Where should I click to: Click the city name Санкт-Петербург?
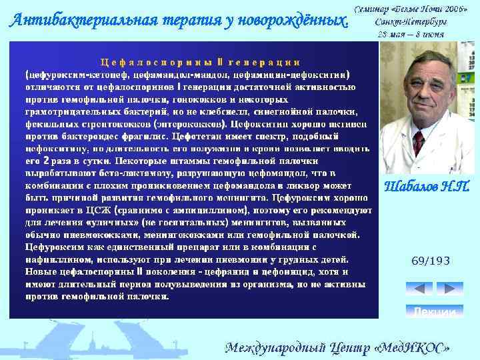pyautogui.click(x=411, y=22)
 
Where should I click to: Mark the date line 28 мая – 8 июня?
pyautogui.click(x=411, y=34)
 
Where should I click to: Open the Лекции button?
pyautogui.click(x=434, y=311)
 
